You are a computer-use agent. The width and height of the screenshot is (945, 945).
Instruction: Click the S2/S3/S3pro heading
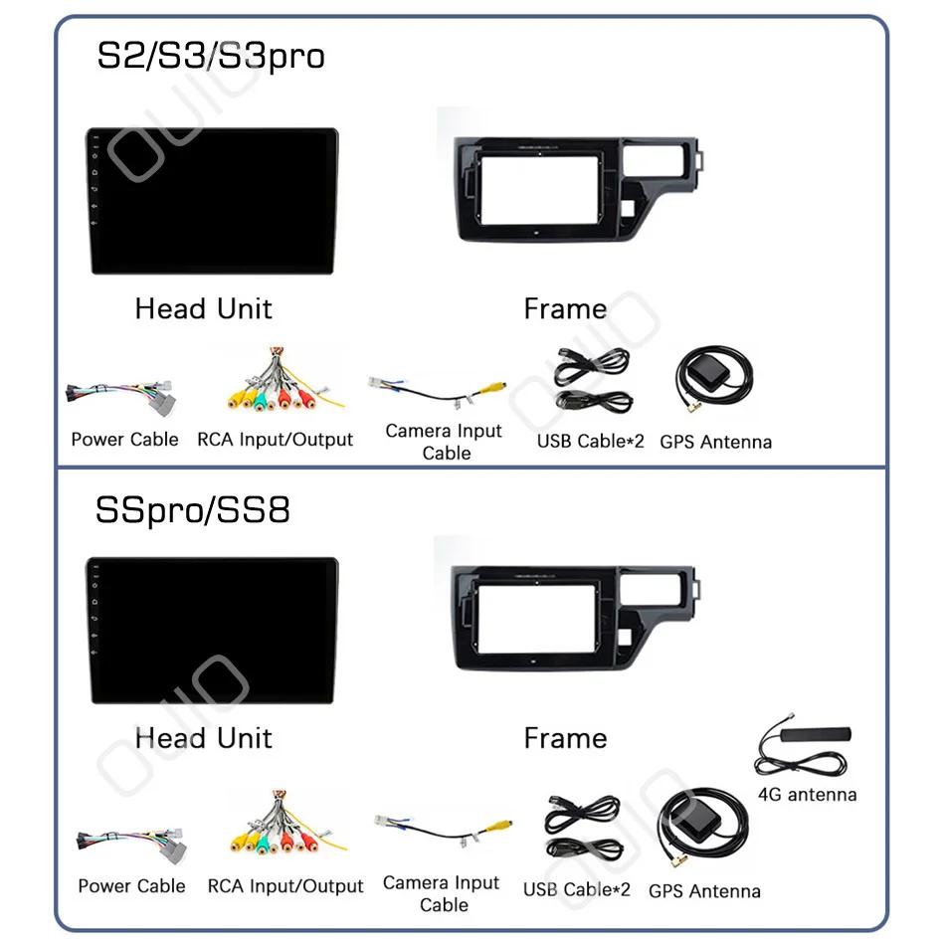tap(210, 56)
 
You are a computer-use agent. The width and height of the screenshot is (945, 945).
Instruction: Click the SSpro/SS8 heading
tap(193, 510)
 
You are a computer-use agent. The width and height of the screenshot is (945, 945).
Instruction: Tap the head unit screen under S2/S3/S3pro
tap(212, 200)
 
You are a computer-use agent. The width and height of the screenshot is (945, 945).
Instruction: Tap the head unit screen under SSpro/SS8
tap(212, 631)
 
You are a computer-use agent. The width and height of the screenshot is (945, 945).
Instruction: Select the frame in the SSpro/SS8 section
tap(572, 618)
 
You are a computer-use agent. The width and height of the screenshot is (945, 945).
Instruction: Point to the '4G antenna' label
tap(807, 794)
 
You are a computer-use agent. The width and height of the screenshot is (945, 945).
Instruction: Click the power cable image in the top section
tap(120, 394)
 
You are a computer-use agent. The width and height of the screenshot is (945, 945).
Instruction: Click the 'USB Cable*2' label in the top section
tap(591, 441)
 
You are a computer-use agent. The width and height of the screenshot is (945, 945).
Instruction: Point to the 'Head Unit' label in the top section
tap(203, 308)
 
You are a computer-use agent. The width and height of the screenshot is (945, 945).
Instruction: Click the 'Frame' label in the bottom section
tap(565, 738)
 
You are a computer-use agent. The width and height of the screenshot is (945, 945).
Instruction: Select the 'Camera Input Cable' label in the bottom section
tap(442, 893)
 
